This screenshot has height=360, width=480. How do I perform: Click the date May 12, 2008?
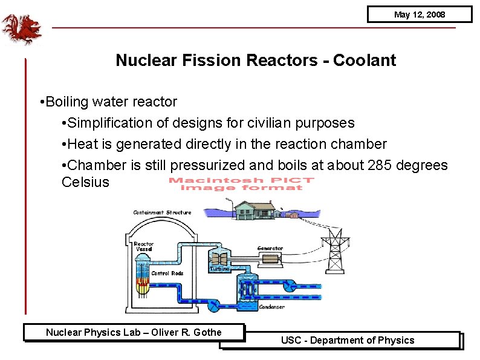[419, 15]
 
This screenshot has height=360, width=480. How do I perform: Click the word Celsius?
[86, 182]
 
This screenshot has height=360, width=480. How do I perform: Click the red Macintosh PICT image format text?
[241, 183]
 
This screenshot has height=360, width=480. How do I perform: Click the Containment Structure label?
[162, 212]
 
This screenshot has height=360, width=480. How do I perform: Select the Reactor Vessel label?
[143, 247]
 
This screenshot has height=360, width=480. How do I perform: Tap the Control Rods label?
[167, 273]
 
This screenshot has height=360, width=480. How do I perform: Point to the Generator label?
[270, 248]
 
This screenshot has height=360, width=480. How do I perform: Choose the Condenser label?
[271, 307]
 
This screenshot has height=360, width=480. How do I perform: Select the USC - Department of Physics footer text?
[347, 340]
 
